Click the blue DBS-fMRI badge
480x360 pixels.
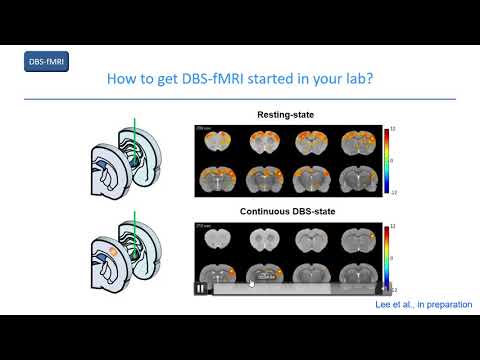pyautogui.click(x=46, y=62)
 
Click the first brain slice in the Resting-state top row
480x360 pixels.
pyautogui.click(x=215, y=144)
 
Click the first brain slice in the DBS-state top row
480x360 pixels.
pyautogui.click(x=215, y=240)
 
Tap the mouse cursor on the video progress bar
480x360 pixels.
pyautogui.click(x=251, y=283)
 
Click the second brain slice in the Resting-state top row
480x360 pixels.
pyautogui.click(x=261, y=144)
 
